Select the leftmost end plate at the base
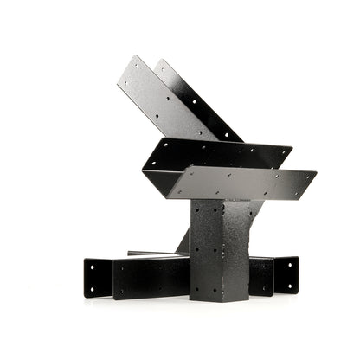[98, 278]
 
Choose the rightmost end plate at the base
[286, 274]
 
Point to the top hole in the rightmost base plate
[291, 263]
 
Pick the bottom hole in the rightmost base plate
[291, 286]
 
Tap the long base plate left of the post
[151, 277]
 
